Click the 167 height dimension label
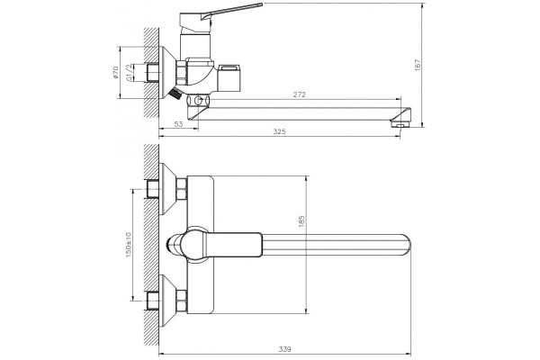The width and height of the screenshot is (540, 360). pyautogui.click(x=418, y=65)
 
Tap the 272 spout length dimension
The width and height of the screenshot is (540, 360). pyautogui.click(x=300, y=94)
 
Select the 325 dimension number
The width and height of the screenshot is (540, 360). pyautogui.click(x=279, y=131)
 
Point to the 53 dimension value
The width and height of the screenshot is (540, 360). pyautogui.click(x=178, y=124)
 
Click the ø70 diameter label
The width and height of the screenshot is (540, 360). pyautogui.click(x=116, y=73)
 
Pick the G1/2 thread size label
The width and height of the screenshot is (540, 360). pyautogui.click(x=129, y=73)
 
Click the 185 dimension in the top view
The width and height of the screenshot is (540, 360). pyautogui.click(x=301, y=221)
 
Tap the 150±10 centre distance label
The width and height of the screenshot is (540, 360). pyautogui.click(x=129, y=244)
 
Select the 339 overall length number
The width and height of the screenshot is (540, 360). pyautogui.click(x=285, y=349)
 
